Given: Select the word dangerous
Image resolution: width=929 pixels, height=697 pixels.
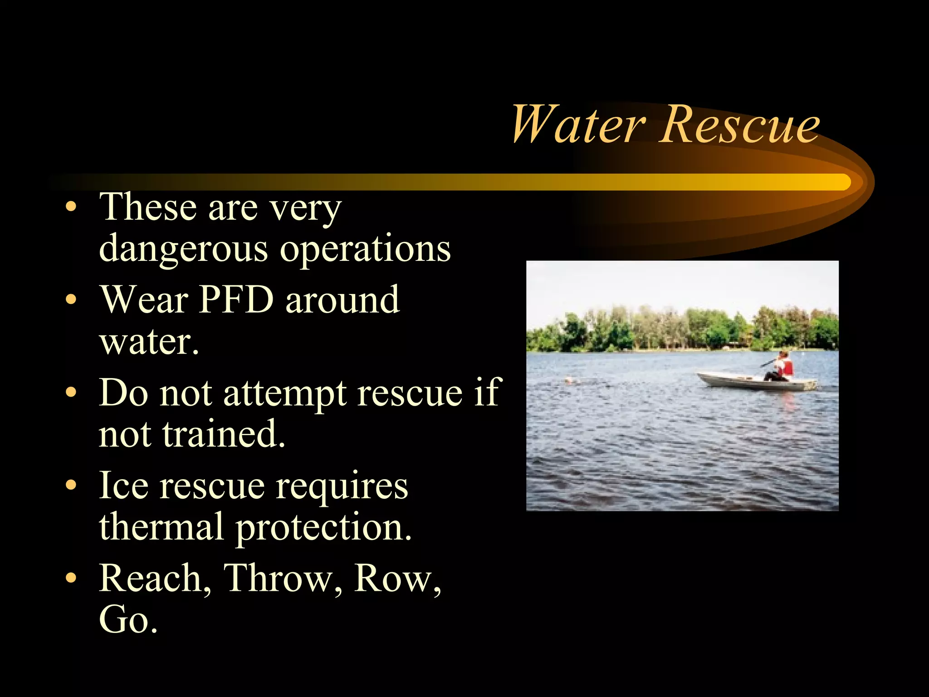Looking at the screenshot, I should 183,250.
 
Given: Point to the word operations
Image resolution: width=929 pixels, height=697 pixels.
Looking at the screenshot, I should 365,250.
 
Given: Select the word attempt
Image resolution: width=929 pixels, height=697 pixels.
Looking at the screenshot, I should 285,393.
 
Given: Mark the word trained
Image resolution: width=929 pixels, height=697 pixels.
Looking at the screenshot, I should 224,434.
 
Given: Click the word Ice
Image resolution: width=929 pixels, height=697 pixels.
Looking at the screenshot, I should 123,486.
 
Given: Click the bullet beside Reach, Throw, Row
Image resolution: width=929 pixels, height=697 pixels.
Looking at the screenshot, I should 71,578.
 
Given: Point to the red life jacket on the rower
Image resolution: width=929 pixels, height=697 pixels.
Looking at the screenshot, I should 787,367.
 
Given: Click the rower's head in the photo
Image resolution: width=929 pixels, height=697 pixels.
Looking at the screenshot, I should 783,355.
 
